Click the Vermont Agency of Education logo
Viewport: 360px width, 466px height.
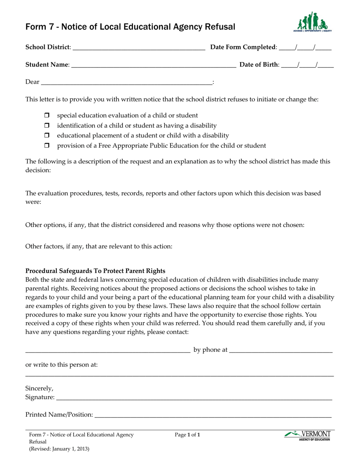[x=307, y=436]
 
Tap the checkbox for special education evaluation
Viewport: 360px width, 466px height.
[x=47, y=116]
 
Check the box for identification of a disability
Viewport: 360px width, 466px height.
[x=47, y=125]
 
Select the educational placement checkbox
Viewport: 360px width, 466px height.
[x=47, y=135]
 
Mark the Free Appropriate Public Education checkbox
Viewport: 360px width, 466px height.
[x=47, y=145]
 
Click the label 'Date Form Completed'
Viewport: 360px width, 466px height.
[x=243, y=47]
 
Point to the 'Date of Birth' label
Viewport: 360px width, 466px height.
[x=259, y=65]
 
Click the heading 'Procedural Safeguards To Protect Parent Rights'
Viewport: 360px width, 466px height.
[x=95, y=271]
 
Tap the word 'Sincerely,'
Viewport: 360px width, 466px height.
[x=39, y=388]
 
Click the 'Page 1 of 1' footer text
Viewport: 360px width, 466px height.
[x=187, y=435]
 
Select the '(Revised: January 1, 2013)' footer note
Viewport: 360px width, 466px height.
[x=59, y=449]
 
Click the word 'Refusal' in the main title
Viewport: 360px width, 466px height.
[x=221, y=27]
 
